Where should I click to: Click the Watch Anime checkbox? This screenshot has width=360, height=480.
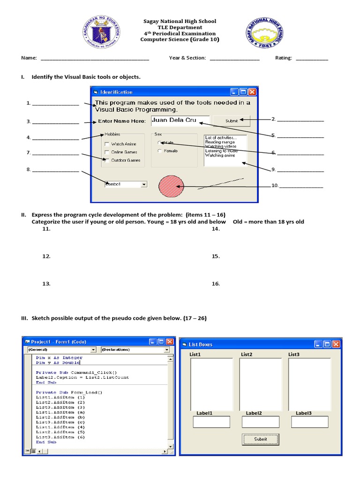107,144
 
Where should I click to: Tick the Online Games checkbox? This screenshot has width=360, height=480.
107,152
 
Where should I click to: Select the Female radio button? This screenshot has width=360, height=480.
160,151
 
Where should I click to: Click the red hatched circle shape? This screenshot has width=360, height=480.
172,187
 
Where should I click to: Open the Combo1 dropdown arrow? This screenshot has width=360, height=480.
143,185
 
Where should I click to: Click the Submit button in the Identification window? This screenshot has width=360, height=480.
231,121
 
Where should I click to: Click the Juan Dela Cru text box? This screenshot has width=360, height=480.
180,120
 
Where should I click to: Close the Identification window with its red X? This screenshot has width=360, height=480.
252,92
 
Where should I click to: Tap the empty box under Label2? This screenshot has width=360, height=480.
260,422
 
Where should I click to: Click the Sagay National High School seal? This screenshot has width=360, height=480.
264,36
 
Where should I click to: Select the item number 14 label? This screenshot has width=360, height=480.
216,229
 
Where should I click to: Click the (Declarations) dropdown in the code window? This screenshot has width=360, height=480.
135,350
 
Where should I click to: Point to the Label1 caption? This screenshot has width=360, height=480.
204,413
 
